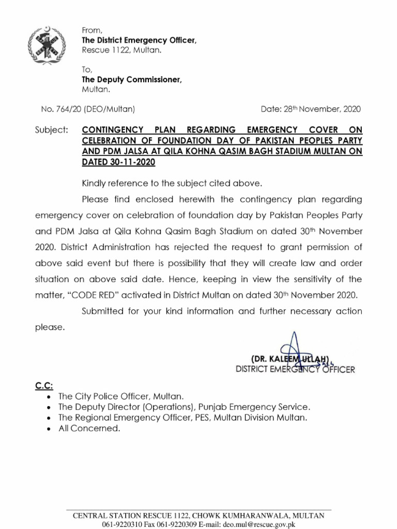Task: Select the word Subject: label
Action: click(x=51, y=129)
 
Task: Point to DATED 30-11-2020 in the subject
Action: click(x=118, y=162)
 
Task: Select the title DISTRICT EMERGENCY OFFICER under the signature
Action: click(x=295, y=369)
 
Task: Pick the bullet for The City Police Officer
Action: click(x=49, y=397)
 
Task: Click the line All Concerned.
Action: click(x=89, y=428)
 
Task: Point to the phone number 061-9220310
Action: click(x=124, y=524)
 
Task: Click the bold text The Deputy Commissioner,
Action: click(x=132, y=80)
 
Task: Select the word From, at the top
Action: click(x=92, y=31)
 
